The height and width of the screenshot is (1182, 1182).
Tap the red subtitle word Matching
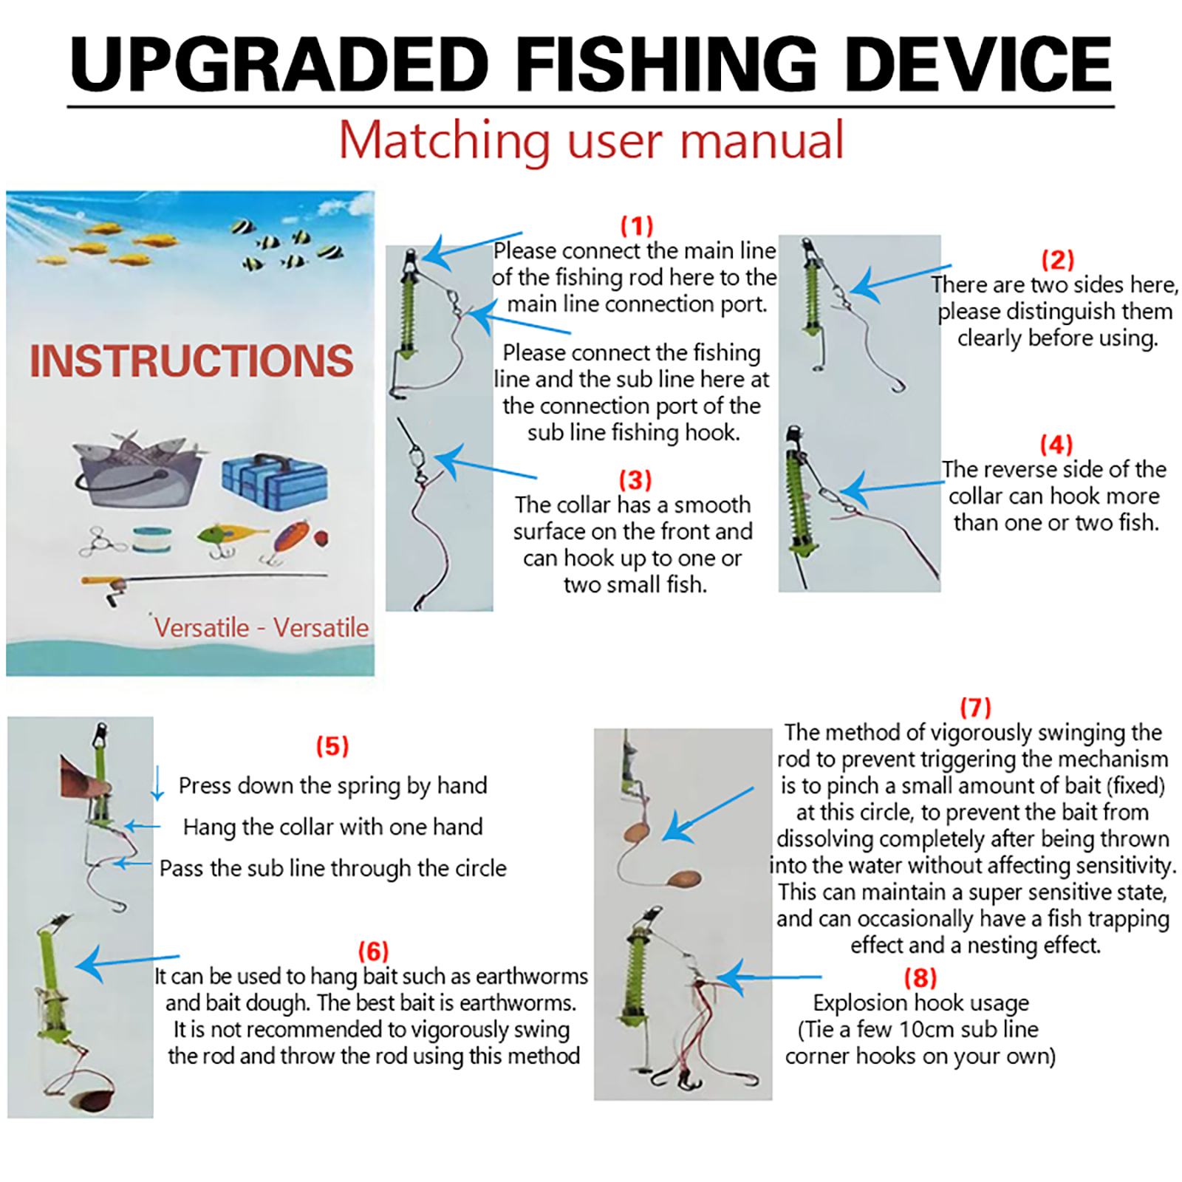point(444,140)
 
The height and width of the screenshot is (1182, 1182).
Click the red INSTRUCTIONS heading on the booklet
point(191,361)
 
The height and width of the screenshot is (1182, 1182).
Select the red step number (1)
point(637,225)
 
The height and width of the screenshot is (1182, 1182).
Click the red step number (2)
point(1057,259)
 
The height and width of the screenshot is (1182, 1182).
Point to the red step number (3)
point(635,479)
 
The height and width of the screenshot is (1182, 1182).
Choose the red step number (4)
point(1056,444)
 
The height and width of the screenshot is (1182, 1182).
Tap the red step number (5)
point(332,745)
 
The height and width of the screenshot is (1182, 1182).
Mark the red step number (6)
point(373,951)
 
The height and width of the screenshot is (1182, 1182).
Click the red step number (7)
point(975,707)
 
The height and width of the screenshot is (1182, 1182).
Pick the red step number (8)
point(920,977)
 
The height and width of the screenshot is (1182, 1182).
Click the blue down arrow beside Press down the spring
point(157,784)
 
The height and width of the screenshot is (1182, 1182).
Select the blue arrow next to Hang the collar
point(142,827)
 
